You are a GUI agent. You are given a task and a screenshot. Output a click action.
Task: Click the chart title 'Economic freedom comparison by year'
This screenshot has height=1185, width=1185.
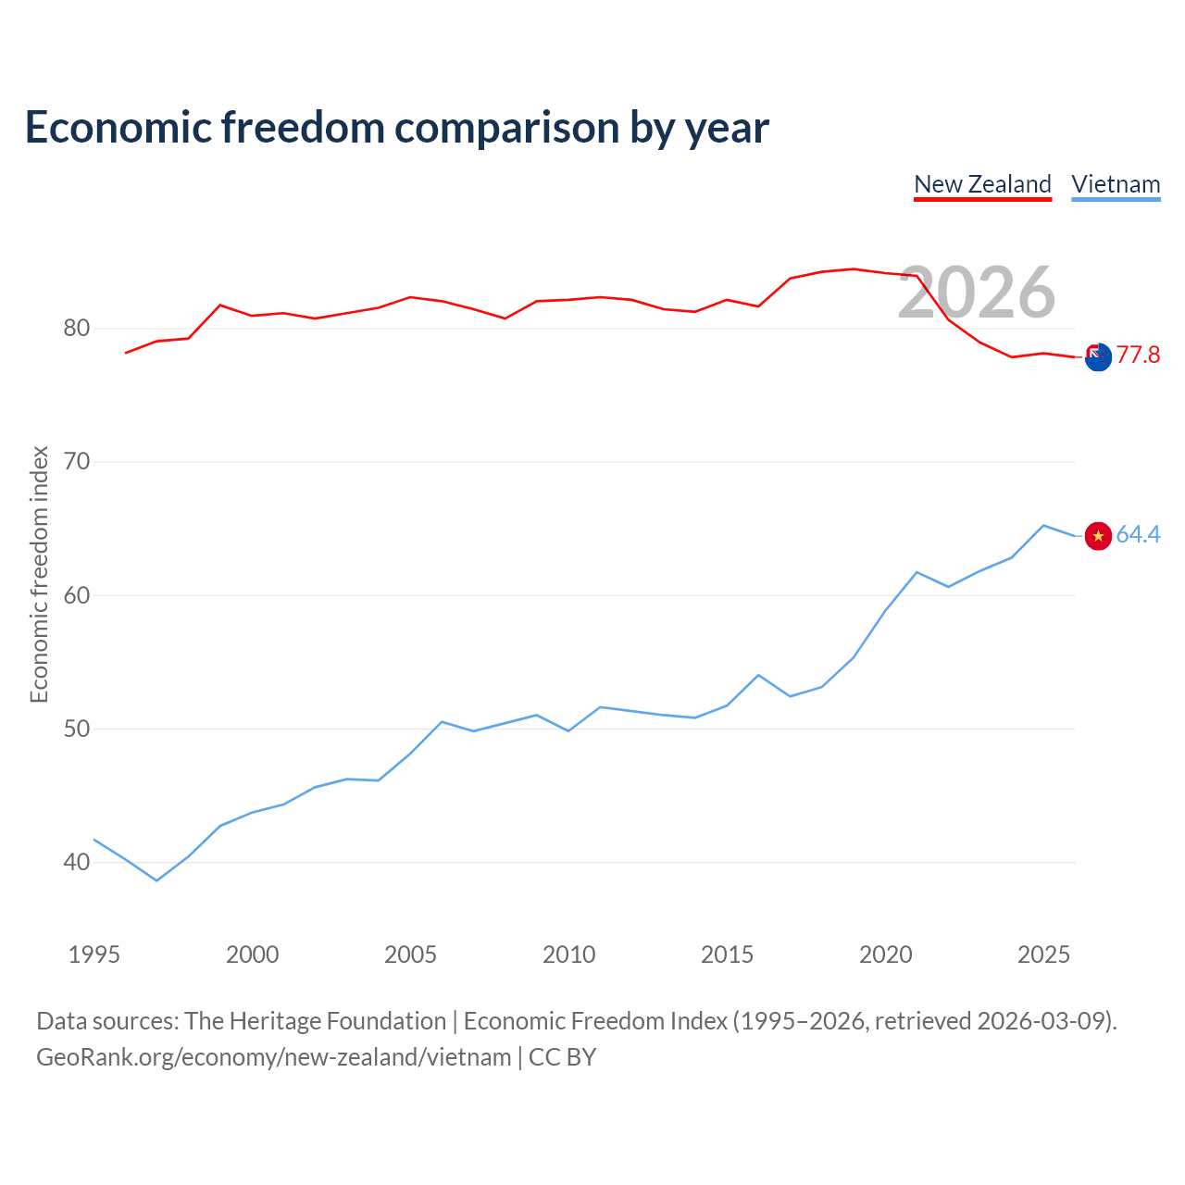(x=396, y=128)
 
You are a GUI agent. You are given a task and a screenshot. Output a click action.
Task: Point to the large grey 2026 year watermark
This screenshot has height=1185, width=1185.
(x=977, y=293)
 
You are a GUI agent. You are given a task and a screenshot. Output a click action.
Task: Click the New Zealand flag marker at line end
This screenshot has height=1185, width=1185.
(x=1098, y=357)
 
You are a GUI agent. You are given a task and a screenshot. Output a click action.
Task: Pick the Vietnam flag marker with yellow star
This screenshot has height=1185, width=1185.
(x=1098, y=536)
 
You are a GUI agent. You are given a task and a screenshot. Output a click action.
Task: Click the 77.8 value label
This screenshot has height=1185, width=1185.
(x=1138, y=355)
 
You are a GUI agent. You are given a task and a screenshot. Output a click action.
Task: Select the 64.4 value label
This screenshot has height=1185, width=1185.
(x=1138, y=534)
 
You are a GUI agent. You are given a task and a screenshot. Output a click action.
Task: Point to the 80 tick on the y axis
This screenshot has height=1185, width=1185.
(x=77, y=329)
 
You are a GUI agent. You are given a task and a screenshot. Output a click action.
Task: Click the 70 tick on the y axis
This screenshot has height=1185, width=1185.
(x=77, y=461)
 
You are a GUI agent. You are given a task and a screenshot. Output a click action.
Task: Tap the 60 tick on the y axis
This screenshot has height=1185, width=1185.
(x=77, y=595)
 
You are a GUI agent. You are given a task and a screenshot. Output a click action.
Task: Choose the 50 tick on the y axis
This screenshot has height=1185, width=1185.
(x=77, y=729)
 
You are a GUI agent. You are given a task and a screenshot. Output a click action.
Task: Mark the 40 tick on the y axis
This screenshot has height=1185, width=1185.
(x=77, y=862)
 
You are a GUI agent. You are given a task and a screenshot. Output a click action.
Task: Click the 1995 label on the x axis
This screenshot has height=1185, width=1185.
(x=94, y=954)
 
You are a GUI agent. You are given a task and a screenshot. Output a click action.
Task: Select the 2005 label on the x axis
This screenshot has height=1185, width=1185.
(x=410, y=954)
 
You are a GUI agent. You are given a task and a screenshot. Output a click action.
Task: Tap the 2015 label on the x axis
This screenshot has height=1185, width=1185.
(x=727, y=954)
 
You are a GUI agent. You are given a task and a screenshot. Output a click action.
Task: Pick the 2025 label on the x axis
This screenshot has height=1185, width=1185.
(x=1043, y=954)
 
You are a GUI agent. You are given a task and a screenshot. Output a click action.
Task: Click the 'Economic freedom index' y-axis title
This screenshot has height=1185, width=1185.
(x=40, y=574)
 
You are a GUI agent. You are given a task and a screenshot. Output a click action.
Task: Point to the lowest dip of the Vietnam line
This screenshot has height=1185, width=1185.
(x=156, y=880)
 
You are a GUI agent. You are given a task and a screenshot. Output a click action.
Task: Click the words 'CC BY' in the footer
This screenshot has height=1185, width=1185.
(x=562, y=1057)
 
